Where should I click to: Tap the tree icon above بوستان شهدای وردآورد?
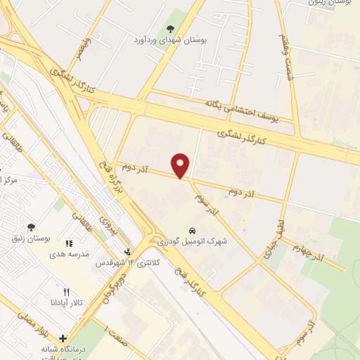pyautogui.click(x=170, y=29)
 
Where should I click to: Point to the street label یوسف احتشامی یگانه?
pyautogui.click(x=241, y=110)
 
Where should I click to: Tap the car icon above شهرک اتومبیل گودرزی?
pyautogui.click(x=192, y=229)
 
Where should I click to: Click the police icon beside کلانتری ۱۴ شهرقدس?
pyautogui.click(x=127, y=252)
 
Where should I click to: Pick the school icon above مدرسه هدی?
pyautogui.click(x=69, y=243)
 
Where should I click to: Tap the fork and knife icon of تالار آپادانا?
pyautogui.click(x=67, y=291)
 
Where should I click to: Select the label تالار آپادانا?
pyautogui.click(x=67, y=302)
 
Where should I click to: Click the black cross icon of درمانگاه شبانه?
pyautogui.click(x=63, y=339)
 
